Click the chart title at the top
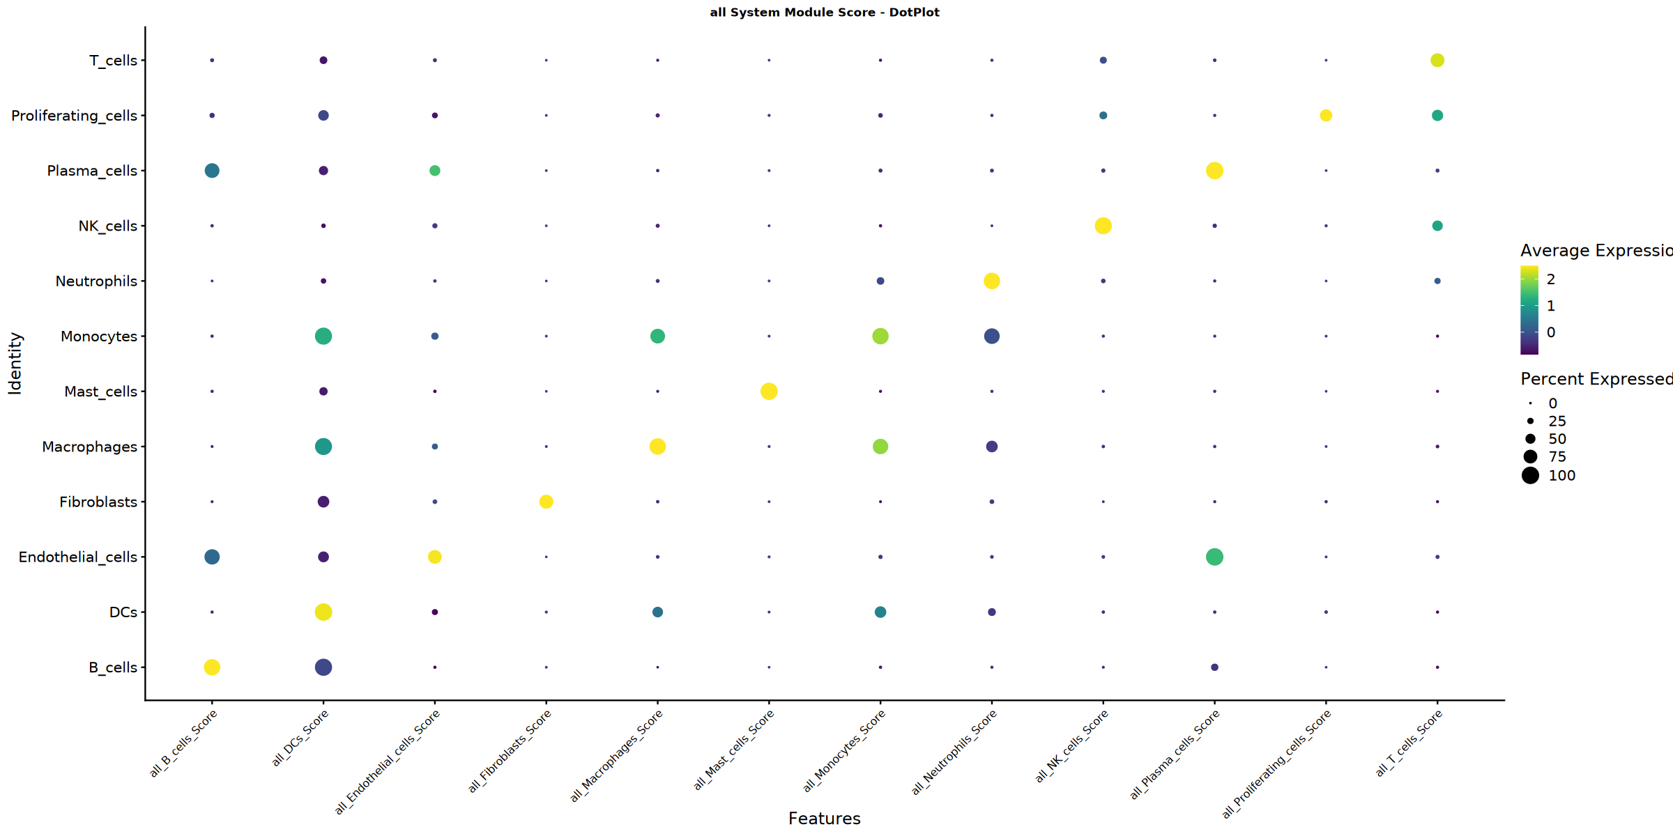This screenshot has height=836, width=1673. click(824, 13)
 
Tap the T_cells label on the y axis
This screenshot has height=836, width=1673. click(113, 61)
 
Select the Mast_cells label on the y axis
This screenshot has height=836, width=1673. click(100, 392)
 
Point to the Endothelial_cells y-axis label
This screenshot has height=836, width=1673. click(77, 557)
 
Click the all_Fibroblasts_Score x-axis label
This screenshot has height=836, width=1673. click(510, 751)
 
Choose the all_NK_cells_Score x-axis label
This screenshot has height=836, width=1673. click(1071, 746)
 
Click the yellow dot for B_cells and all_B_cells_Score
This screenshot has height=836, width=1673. click(212, 667)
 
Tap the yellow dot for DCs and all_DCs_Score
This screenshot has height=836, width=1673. click(323, 612)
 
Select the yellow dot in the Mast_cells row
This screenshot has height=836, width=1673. click(769, 392)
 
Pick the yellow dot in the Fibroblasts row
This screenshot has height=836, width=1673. click(547, 502)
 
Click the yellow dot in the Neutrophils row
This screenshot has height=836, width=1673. click(992, 281)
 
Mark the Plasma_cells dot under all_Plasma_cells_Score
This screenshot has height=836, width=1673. click(1214, 171)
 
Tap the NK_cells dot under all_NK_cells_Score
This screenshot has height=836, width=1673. click(1103, 226)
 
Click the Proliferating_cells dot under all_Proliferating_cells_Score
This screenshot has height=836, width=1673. click(1326, 116)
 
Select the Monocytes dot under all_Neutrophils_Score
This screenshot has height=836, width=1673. click(992, 336)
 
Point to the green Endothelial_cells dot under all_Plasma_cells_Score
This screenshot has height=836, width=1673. click(1214, 557)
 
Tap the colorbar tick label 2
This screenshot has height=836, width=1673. click(1551, 279)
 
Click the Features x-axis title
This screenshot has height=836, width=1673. click(824, 819)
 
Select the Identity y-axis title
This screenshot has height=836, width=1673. click(15, 364)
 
